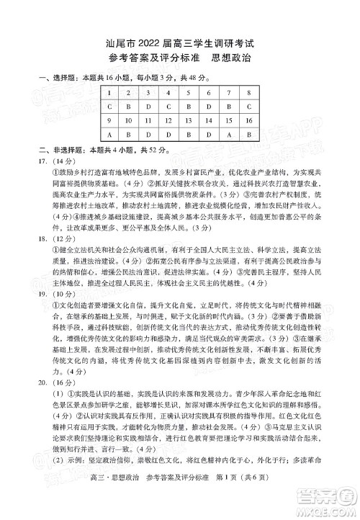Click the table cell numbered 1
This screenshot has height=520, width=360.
90,94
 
